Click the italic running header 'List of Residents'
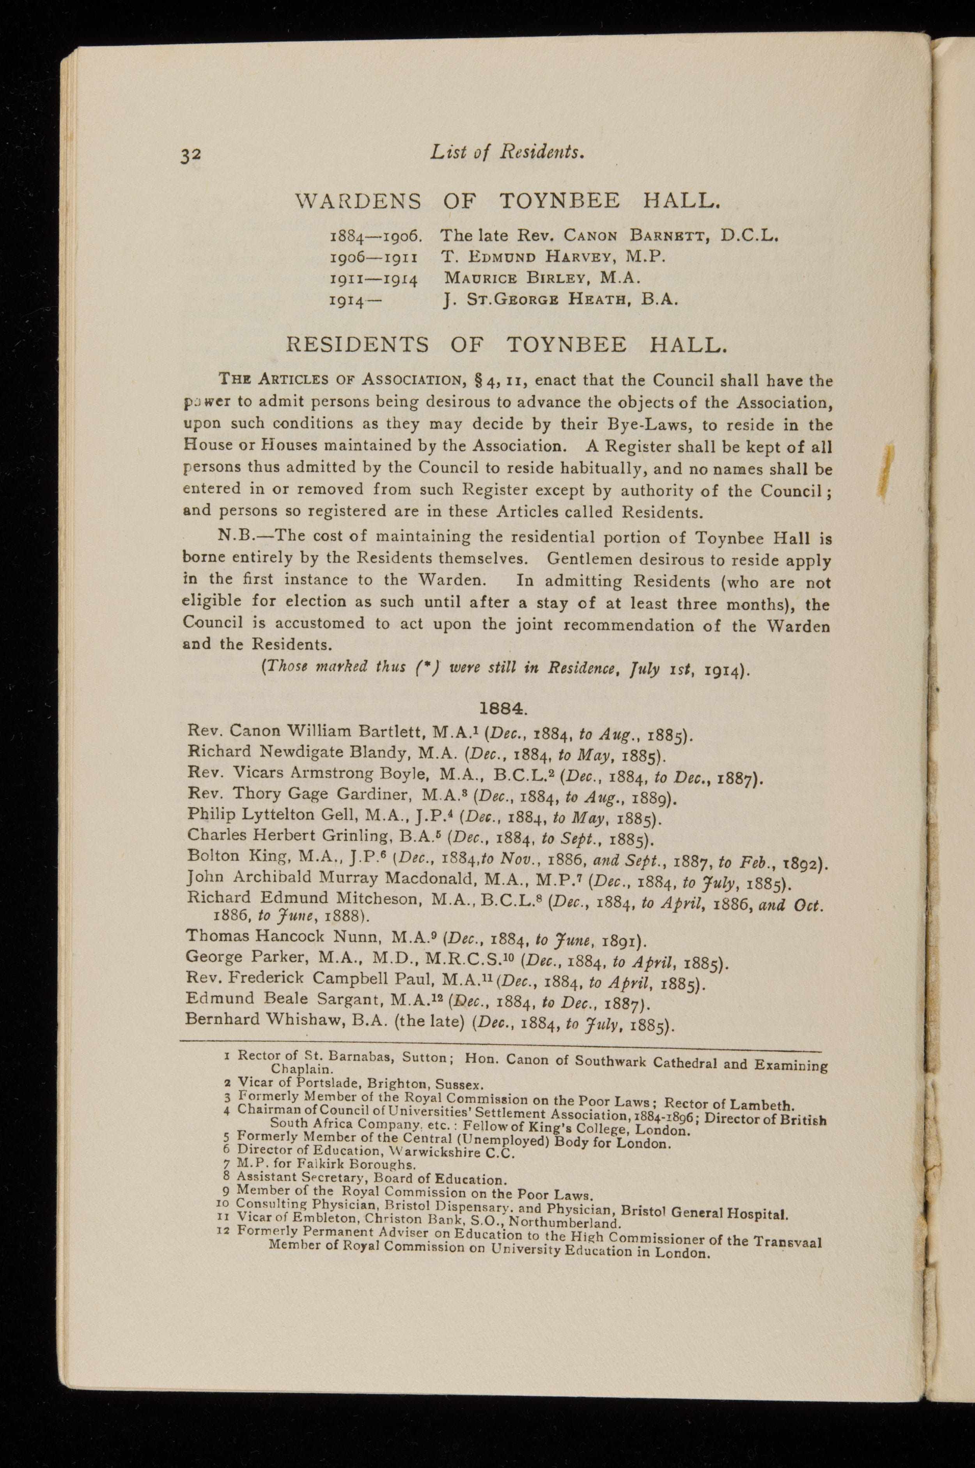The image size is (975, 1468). [x=507, y=152]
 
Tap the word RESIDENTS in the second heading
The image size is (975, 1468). [x=356, y=345]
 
